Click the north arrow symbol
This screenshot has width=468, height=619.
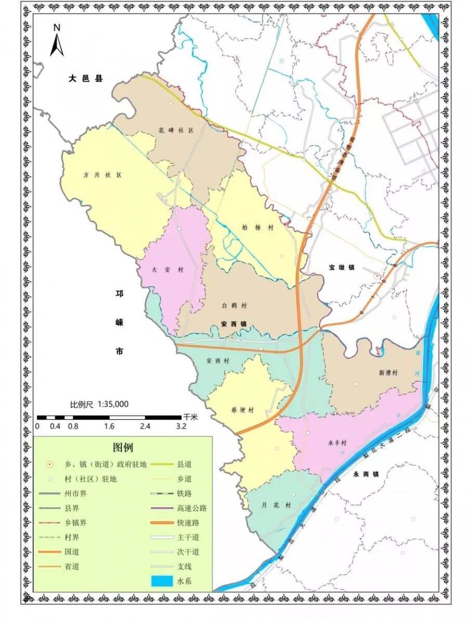(x=57, y=41)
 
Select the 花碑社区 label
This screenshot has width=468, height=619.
(x=176, y=130)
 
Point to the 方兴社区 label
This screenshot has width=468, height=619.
(x=102, y=175)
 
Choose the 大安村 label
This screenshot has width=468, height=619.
(x=161, y=270)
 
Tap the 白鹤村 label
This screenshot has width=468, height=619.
(x=234, y=306)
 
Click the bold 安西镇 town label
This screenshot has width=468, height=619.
(x=233, y=323)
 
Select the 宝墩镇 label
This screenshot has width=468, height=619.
(x=341, y=267)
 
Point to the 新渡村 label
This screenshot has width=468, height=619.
(x=388, y=373)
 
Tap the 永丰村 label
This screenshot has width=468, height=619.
(x=336, y=443)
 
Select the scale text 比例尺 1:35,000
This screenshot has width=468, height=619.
(x=99, y=404)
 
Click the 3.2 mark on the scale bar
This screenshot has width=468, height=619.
(x=181, y=426)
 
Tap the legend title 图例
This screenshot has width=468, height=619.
(x=123, y=447)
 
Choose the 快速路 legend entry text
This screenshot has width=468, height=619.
(x=188, y=522)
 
